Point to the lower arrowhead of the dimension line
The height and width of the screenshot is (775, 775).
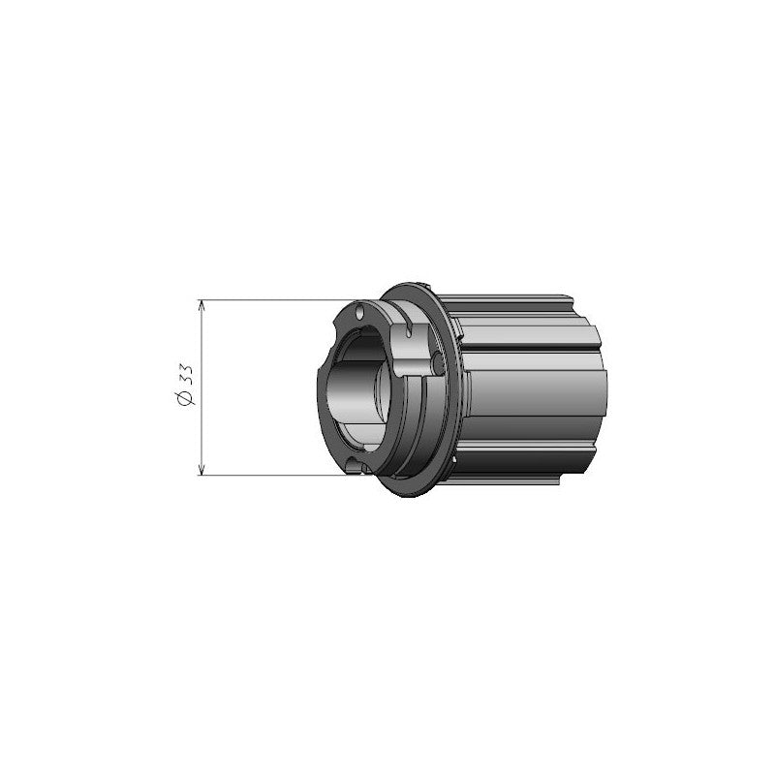click(201, 468)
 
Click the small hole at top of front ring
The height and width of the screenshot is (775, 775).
click(359, 313)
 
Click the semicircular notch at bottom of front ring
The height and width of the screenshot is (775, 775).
click(361, 468)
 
